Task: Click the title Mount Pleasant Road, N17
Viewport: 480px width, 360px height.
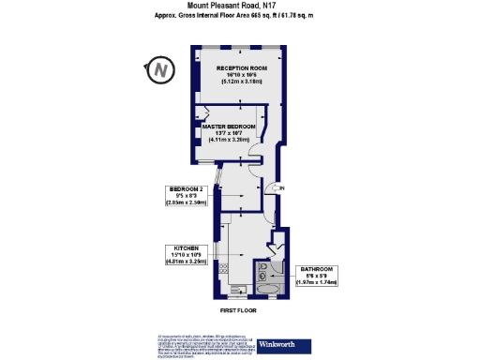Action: point(239,5)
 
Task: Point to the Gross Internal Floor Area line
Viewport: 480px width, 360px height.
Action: point(239,16)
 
